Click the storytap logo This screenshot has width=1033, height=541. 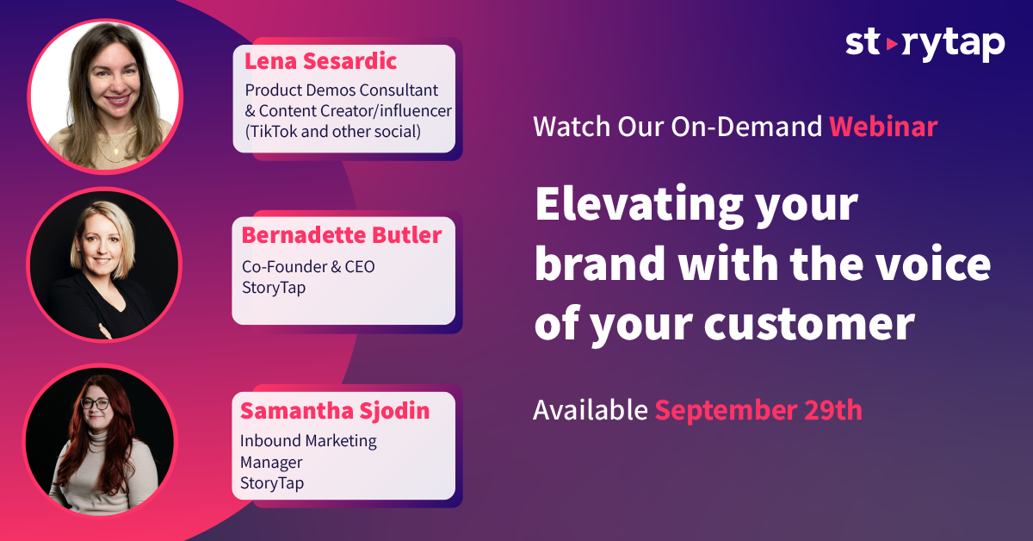(x=925, y=46)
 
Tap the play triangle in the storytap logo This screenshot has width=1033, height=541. (x=892, y=44)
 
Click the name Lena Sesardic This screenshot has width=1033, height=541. (x=320, y=61)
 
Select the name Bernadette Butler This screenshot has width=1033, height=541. (x=342, y=235)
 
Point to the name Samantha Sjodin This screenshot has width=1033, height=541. (x=335, y=410)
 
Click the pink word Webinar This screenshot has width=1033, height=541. (x=883, y=127)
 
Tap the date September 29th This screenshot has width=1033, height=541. (x=758, y=410)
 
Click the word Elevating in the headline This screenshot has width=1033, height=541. (x=639, y=204)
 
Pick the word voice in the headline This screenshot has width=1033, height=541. (x=933, y=263)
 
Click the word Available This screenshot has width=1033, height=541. (x=591, y=410)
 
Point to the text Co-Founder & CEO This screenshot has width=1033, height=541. (x=308, y=267)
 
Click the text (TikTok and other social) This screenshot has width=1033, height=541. (x=332, y=132)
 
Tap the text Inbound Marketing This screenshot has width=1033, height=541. (x=308, y=441)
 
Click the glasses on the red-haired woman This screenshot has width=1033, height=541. (x=96, y=404)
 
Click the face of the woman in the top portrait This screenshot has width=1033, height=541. (x=114, y=77)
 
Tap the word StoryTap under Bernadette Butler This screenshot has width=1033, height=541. (x=274, y=288)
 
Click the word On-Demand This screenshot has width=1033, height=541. (x=746, y=127)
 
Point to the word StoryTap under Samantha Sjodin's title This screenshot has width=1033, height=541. (x=272, y=483)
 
